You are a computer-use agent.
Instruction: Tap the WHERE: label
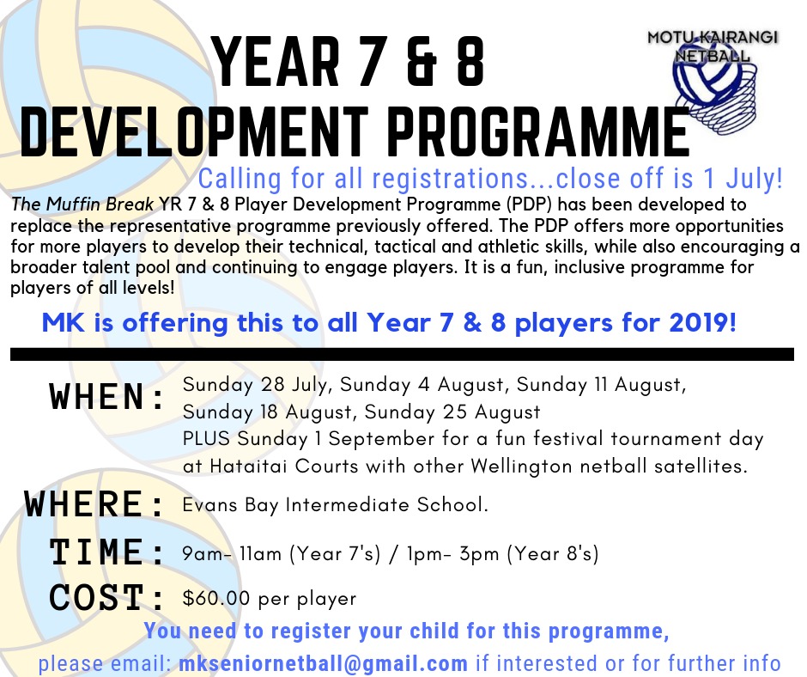[95, 503]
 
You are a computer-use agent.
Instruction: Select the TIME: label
[107, 552]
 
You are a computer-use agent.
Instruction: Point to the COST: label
[107, 596]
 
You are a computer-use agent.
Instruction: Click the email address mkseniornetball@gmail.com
[324, 663]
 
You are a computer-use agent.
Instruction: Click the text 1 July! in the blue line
[745, 179]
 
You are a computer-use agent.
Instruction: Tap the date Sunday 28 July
[245, 384]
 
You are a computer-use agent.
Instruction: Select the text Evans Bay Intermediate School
[335, 505]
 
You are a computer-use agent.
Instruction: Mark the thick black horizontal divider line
[402, 353]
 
